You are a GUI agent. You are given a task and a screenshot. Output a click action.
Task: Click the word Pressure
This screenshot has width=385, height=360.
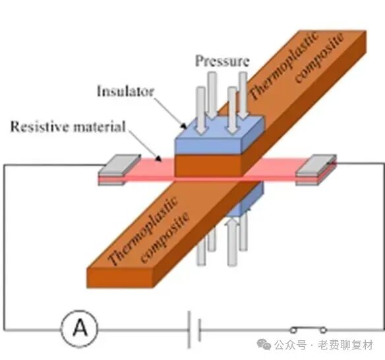point(222,61)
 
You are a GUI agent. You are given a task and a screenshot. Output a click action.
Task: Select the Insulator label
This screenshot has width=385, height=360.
point(125,91)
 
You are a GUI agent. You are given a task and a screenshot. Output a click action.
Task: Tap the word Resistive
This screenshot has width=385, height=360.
point(40,127)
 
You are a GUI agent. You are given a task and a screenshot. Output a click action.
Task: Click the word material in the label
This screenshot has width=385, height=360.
point(100,127)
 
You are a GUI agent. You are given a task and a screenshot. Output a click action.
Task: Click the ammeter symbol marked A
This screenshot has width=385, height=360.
point(80,328)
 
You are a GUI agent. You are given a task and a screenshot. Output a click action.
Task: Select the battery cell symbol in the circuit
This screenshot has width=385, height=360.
point(194,330)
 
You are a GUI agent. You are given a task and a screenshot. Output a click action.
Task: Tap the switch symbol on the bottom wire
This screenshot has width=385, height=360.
point(309,329)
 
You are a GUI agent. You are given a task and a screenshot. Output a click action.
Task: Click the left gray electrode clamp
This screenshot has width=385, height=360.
point(119,169)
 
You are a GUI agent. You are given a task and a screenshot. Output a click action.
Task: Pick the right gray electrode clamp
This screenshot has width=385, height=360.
point(316,169)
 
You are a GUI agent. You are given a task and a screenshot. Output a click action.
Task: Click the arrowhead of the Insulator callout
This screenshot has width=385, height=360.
point(183,126)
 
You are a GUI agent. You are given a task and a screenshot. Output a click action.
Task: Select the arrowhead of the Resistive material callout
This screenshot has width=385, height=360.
point(159,159)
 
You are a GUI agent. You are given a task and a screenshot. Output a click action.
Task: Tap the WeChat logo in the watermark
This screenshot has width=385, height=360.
point(264,345)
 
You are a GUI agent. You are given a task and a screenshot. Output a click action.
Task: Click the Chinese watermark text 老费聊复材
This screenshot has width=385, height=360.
point(345,345)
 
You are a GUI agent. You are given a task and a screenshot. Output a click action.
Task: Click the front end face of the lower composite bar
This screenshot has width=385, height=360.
point(120,278)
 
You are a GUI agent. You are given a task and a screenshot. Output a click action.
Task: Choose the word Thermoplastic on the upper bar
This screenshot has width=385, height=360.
point(283,67)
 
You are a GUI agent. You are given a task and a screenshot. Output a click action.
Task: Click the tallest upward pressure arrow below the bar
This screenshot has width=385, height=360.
point(232,242)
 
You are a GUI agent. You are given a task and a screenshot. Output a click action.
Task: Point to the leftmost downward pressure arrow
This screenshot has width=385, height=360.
point(201,111)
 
